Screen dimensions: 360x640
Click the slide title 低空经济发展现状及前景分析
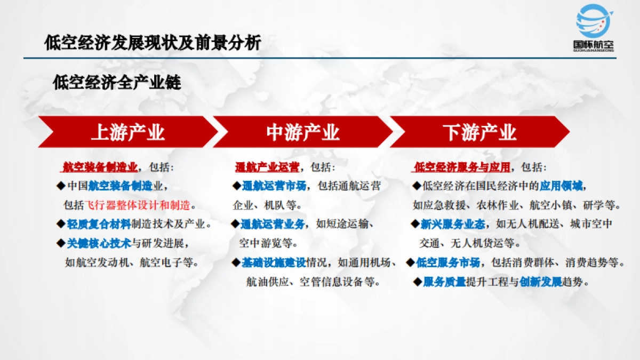[153, 42]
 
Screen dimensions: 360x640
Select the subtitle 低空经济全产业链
[117, 83]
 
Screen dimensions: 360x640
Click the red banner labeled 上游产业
[128, 132]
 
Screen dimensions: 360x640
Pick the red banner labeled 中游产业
[302, 132]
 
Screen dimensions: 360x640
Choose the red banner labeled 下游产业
[479, 132]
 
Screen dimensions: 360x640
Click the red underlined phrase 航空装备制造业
[100, 167]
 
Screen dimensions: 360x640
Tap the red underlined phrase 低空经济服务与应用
[462, 167]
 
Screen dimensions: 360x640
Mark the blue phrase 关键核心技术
[99, 243]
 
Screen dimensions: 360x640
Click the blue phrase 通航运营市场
[274, 186]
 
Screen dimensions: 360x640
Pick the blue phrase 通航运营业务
[274, 224]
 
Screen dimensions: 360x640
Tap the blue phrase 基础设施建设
[274, 262]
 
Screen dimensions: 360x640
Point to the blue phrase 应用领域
[562, 186]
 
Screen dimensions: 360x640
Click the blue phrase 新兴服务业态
[453, 224]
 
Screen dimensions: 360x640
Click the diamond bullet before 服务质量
[418, 282]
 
